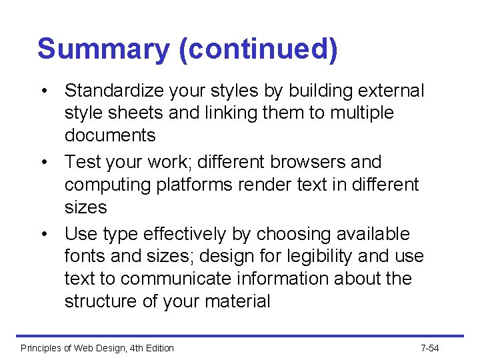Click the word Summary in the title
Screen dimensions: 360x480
(x=103, y=50)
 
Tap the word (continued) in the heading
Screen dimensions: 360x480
(x=258, y=50)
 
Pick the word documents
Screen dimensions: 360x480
(x=110, y=135)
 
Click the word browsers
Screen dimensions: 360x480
(x=315, y=162)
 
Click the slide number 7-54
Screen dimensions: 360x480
(x=430, y=348)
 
